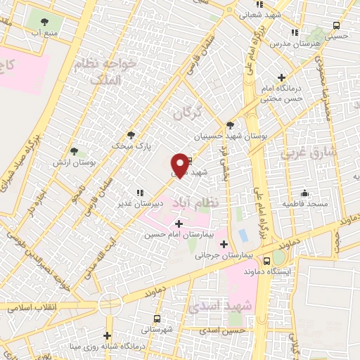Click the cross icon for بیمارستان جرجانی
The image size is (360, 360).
click(x=224, y=245)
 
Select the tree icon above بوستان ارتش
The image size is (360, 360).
click(x=75, y=150)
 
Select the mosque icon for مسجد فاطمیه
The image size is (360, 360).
click(x=304, y=193)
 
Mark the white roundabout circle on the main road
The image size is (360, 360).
click(x=110, y=303)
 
